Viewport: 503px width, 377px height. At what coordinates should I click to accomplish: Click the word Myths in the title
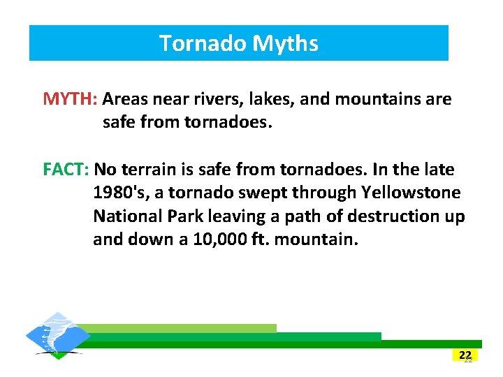[285, 43]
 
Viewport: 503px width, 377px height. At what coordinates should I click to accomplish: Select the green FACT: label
[66, 170]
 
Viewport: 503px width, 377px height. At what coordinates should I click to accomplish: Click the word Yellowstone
[411, 193]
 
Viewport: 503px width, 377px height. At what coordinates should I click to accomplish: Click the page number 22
[465, 355]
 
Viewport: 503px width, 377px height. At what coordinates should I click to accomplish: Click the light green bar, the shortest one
[182, 328]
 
